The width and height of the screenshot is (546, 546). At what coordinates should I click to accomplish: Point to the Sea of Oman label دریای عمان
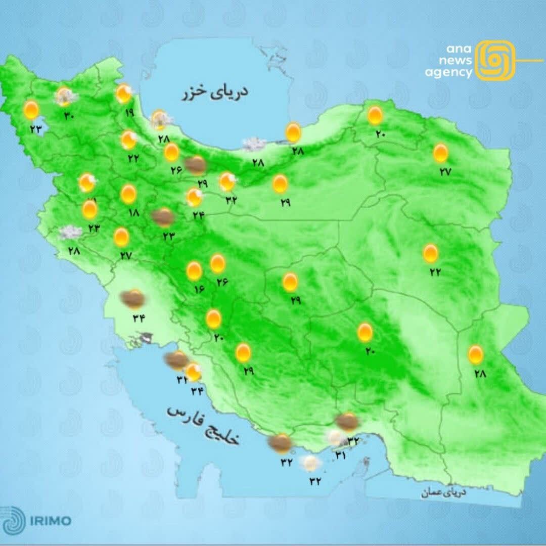(443, 492)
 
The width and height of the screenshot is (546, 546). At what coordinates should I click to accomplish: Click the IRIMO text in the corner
(51, 521)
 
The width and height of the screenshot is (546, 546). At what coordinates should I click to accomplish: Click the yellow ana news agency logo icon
(495, 61)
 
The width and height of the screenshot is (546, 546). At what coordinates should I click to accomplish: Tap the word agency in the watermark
(448, 73)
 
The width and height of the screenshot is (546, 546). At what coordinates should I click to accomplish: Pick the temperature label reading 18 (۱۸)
(133, 213)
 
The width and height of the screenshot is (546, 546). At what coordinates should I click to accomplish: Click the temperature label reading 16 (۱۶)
(198, 290)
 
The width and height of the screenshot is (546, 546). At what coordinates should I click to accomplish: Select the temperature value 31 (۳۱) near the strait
(340, 456)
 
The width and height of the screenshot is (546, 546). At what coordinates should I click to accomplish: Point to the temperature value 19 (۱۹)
(129, 113)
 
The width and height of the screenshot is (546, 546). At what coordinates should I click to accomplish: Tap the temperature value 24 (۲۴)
(198, 215)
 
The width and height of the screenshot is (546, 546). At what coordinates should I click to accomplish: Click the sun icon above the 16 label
(194, 271)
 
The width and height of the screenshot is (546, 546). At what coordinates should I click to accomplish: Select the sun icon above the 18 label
(128, 194)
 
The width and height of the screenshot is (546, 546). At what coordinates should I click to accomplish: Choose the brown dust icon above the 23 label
(163, 217)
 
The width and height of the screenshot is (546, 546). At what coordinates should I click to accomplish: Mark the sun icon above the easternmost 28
(475, 354)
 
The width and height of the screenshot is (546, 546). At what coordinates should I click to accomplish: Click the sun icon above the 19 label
(123, 94)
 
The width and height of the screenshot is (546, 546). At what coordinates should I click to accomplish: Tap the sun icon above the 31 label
(335, 437)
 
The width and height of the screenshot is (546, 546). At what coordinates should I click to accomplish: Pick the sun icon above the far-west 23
(31, 110)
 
